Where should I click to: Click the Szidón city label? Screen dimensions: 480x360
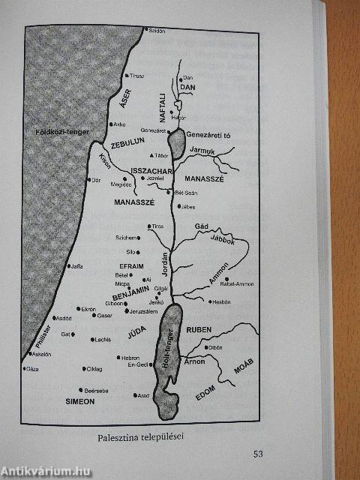click(156, 31)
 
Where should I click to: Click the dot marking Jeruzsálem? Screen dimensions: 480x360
click(125, 310)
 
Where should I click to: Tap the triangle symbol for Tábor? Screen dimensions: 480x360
click(152, 155)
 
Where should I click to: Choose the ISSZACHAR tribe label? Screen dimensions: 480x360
click(151, 172)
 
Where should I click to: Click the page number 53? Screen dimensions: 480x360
click(259, 453)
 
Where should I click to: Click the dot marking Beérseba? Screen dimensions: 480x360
click(79, 389)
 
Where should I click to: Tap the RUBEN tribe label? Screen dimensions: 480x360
click(200, 329)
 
